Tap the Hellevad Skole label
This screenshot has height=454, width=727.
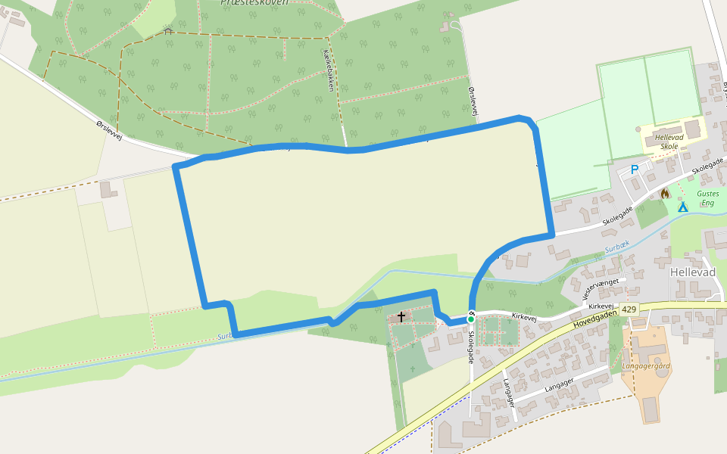pos(669,142)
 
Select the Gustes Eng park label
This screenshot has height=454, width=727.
pos(708,198)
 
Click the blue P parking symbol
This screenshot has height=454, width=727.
pos(635,170)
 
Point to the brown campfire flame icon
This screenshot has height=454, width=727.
pos(665,194)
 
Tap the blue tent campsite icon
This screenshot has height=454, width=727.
pos(682,206)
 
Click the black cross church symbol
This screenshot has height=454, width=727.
pos(401,317)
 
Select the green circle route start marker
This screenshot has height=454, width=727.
pos(470,319)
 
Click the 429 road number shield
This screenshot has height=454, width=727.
pos(629,310)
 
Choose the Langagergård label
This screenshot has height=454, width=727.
pos(646,366)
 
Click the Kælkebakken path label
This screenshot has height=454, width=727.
pos(328,70)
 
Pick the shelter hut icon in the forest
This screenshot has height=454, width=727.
pos(168,31)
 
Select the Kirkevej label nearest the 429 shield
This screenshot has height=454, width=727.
pos(601,306)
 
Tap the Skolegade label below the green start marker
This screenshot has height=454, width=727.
pos(470,347)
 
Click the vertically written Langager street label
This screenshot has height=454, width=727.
pos(508,393)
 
